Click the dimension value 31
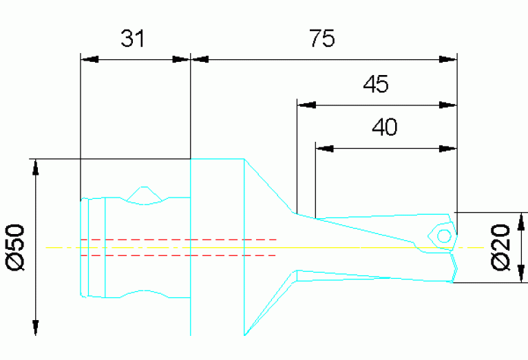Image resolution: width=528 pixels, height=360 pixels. coord(133,39)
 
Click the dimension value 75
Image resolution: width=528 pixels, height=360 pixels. coord(321,39)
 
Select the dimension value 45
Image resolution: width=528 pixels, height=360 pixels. coord(376,85)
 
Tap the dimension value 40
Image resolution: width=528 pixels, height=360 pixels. coord(385,127)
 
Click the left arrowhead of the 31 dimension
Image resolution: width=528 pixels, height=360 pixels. coord(87,59)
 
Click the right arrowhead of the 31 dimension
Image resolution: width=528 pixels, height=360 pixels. coord(182,59)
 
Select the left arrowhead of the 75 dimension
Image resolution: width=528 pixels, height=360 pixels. coord(198,59)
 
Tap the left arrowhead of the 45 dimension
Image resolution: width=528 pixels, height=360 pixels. coord(304,105)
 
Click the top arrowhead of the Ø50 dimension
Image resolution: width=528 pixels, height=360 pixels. coord(36,167)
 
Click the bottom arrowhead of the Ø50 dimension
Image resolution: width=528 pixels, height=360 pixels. coord(36,328)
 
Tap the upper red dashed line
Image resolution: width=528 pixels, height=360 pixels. coord(179,240)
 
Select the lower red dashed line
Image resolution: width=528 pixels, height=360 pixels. coord(179,255)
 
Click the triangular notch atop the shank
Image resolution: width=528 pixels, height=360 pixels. coord(143,195)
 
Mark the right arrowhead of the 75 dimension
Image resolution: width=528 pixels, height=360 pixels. coord(448,59)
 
